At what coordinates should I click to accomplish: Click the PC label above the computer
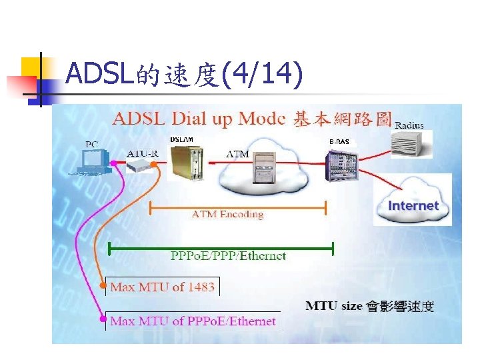(x=93, y=143)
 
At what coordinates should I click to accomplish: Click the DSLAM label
(x=181, y=139)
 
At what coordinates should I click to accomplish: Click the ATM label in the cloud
(x=238, y=154)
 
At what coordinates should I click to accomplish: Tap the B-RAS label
(x=339, y=142)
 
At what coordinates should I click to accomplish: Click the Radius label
(x=409, y=125)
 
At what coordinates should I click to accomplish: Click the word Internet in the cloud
(x=413, y=205)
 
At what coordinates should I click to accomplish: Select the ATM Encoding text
(x=227, y=214)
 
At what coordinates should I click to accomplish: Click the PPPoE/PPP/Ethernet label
(x=229, y=255)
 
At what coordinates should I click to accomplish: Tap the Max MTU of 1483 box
(x=162, y=287)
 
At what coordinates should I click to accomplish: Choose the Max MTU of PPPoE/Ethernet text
(x=193, y=321)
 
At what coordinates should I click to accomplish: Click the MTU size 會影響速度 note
(x=369, y=306)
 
